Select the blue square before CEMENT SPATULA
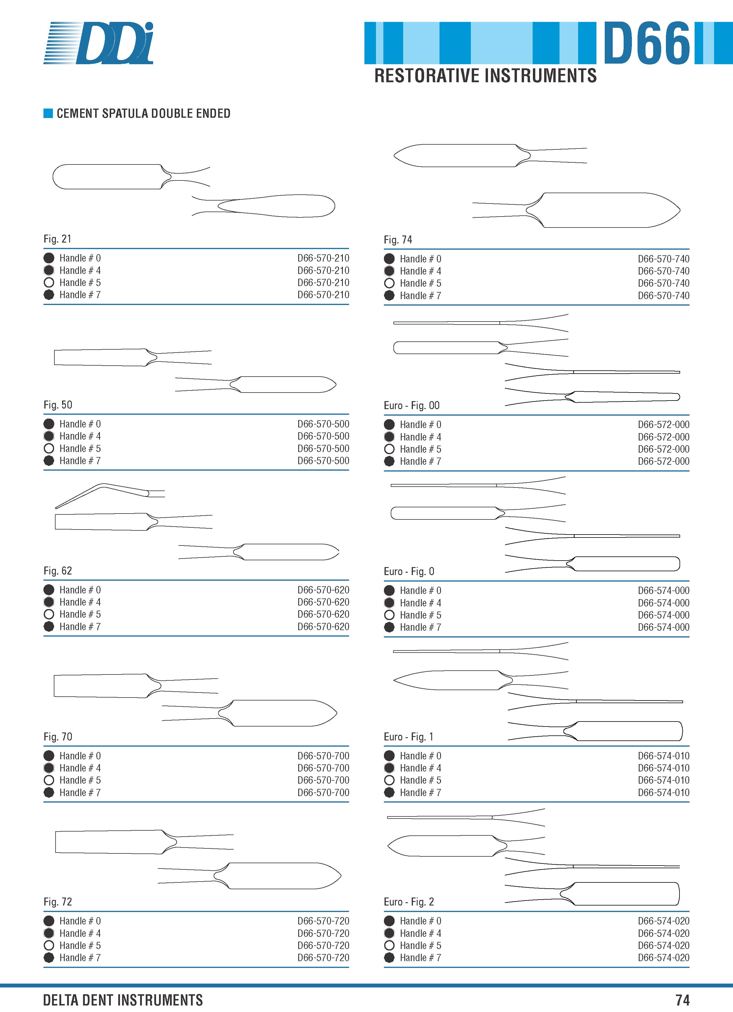tap(48, 113)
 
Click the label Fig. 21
tap(58, 239)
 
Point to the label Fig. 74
tap(398, 240)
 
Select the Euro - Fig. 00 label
tap(411, 405)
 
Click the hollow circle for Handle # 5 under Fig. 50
tap(49, 448)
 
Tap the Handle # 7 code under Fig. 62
tap(323, 627)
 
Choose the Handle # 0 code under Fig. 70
tap(323, 756)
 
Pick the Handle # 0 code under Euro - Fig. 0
tap(664, 590)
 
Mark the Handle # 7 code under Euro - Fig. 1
tap(664, 793)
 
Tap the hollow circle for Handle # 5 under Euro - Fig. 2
tap(389, 945)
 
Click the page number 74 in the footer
tap(682, 1000)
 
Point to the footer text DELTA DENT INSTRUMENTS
tap(123, 1000)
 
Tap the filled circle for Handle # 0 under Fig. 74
tap(389, 259)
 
